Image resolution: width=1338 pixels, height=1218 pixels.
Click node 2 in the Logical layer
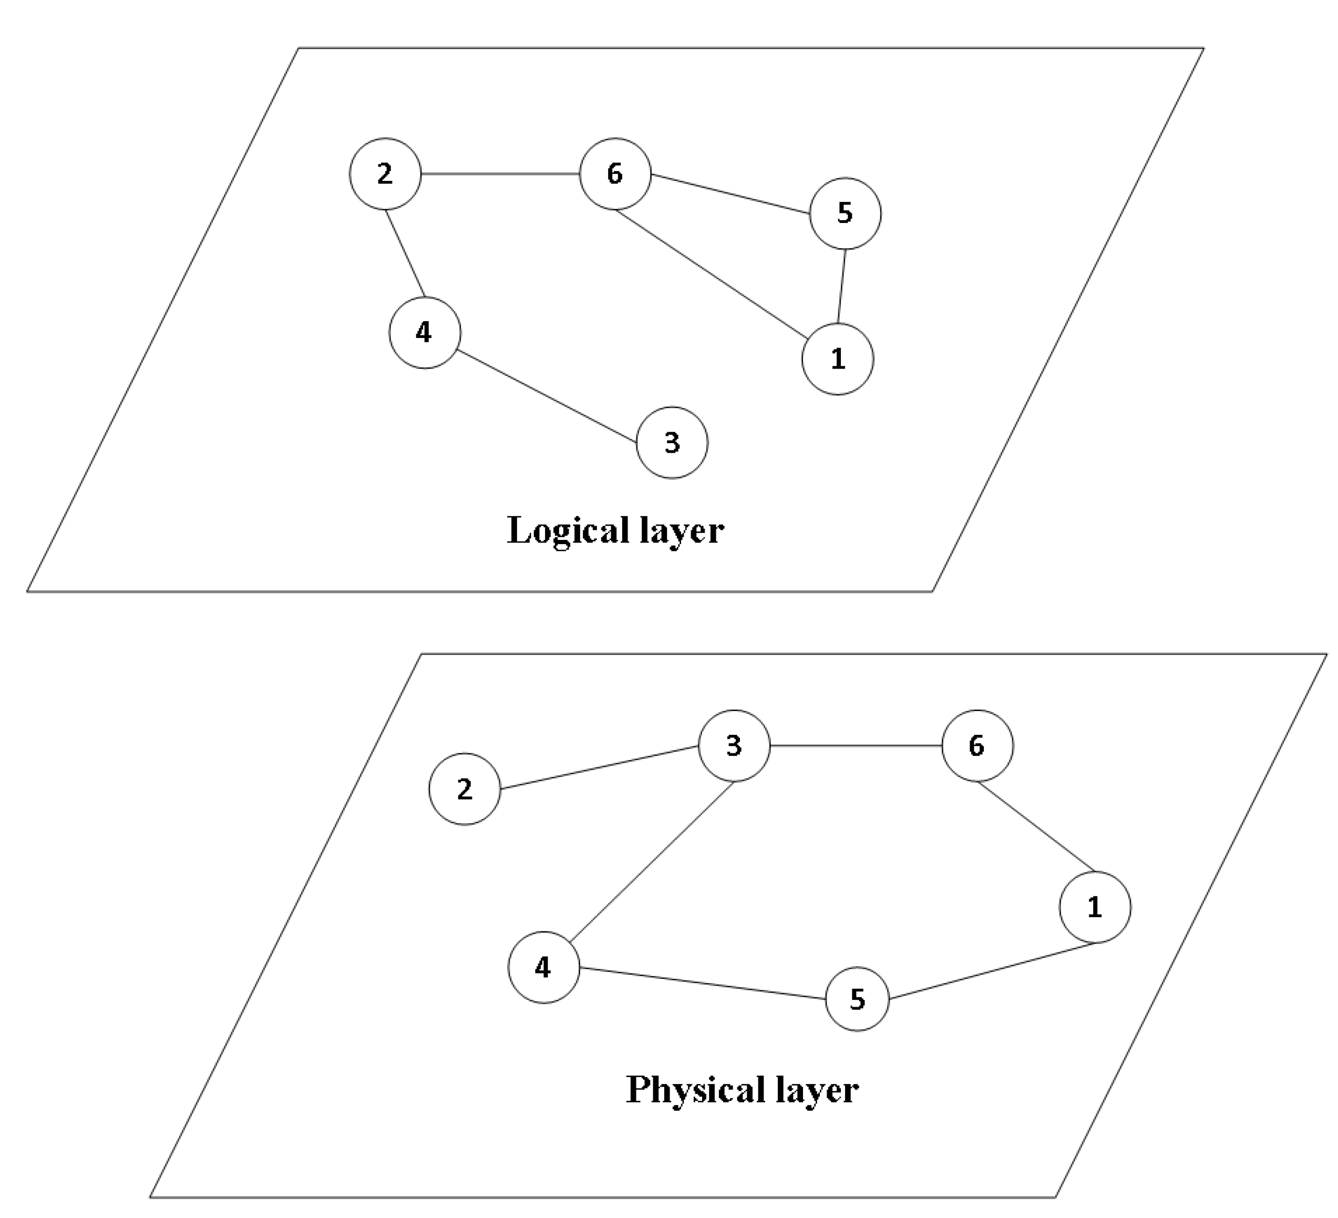(385, 174)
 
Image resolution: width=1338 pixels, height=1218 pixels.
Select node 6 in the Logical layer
(615, 174)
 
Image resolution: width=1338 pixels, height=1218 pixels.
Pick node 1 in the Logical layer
(838, 359)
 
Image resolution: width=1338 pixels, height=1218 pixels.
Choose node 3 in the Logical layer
(672, 442)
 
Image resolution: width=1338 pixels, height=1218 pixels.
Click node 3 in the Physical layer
(734, 745)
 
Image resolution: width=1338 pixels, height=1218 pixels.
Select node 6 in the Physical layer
(977, 745)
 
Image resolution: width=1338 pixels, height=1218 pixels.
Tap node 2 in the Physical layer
(465, 789)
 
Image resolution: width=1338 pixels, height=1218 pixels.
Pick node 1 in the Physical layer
(1095, 907)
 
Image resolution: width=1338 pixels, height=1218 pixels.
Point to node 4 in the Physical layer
(543, 967)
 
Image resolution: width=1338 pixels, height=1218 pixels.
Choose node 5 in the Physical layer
(858, 998)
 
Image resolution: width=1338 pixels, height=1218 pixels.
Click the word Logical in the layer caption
(568, 531)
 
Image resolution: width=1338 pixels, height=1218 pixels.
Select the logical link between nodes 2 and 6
(500, 174)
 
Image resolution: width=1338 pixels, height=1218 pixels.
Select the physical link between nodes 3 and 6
(856, 745)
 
